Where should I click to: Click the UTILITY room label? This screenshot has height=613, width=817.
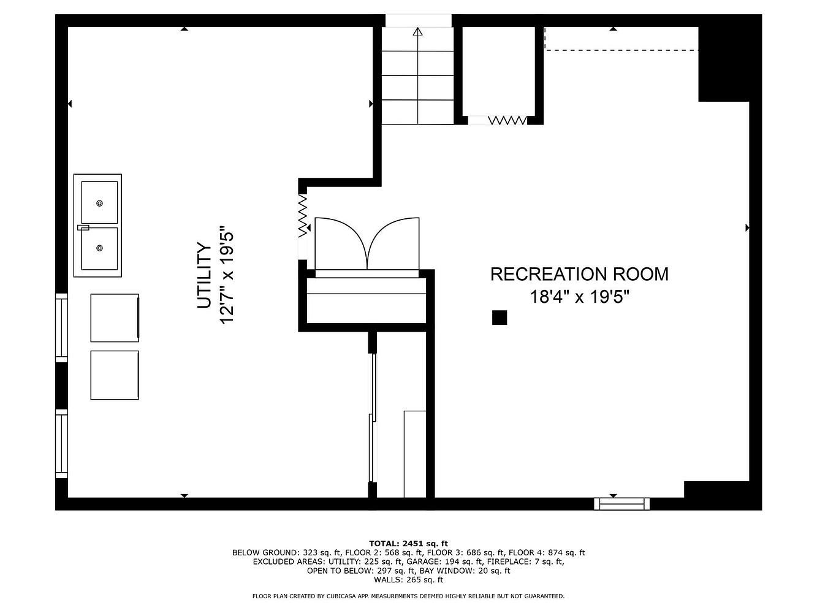[x=204, y=275]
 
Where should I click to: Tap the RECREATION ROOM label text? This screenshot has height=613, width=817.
[x=579, y=274]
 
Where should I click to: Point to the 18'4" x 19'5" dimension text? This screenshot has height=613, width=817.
[x=579, y=297]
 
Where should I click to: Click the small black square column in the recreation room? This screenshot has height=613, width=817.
[x=499, y=318]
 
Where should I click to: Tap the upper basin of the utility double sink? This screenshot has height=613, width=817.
[x=99, y=202]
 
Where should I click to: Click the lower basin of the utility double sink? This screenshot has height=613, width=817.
[x=99, y=248]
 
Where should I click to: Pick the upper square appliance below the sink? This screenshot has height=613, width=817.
[x=115, y=318]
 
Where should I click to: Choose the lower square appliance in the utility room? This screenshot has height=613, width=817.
[x=115, y=375]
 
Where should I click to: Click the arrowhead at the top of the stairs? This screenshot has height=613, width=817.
[x=417, y=31]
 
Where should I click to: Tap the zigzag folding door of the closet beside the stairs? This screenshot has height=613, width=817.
[x=507, y=120]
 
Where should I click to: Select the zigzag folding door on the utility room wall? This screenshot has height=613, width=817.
[x=303, y=216]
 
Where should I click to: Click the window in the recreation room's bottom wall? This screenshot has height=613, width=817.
[x=621, y=504]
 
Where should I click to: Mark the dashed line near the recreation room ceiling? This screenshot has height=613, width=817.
[x=621, y=50]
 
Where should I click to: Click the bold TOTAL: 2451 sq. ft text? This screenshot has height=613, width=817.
[x=408, y=544]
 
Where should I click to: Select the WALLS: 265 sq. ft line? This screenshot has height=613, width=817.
[x=408, y=579]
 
